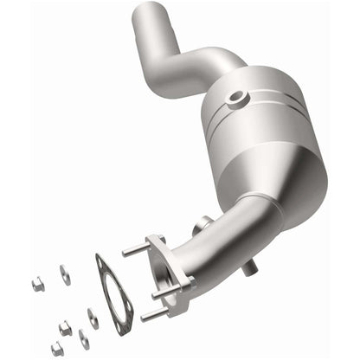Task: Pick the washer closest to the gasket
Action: [92, 318]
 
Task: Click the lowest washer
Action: [84, 338]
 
